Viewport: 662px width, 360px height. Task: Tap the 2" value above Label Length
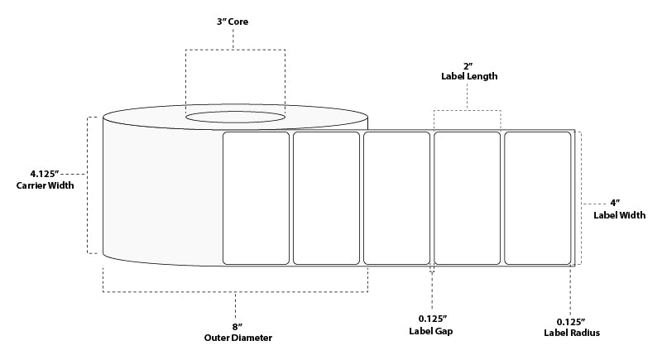point(468,65)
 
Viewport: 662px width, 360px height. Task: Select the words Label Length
point(468,76)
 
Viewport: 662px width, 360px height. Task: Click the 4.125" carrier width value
point(44,174)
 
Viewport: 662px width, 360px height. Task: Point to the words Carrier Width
point(45,185)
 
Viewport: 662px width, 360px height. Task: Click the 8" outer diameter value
point(237,327)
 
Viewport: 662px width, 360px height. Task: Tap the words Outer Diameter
point(237,338)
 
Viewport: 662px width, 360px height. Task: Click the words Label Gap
point(432,331)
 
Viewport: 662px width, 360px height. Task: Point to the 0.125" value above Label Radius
point(571,321)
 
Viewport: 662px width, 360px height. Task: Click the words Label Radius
point(571,333)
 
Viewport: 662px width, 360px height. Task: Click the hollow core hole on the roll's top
point(235,118)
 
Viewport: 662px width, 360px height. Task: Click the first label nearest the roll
point(256,197)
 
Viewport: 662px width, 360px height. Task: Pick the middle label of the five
point(396,197)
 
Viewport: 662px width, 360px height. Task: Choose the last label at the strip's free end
point(537,197)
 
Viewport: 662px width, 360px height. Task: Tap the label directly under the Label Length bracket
point(468,197)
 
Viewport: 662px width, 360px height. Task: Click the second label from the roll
point(326,197)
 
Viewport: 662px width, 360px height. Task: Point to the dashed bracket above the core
point(235,50)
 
